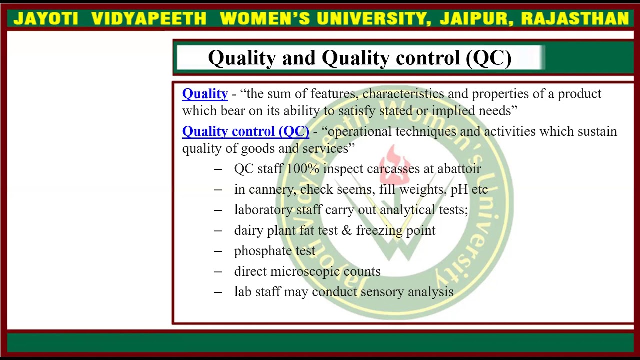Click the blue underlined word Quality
[x=205, y=94]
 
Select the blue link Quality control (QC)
[x=245, y=131]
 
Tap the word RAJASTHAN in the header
[x=575, y=19]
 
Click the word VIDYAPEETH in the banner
[x=149, y=19]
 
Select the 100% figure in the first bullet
[x=303, y=169]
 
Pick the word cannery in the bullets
[x=270, y=190]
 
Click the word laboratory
[x=263, y=210]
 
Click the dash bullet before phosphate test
[x=218, y=251]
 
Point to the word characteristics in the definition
[x=403, y=94]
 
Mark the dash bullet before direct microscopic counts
[x=218, y=271]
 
